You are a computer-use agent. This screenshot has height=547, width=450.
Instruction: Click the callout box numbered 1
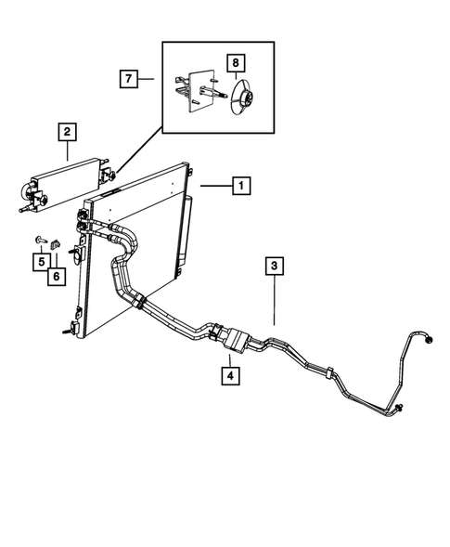pyautogui.click(x=239, y=187)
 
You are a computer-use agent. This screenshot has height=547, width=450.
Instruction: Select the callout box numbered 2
pyautogui.click(x=68, y=132)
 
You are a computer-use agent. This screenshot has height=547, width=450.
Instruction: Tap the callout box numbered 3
pyautogui.click(x=275, y=267)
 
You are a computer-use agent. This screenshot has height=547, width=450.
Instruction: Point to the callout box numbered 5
pyautogui.click(x=42, y=262)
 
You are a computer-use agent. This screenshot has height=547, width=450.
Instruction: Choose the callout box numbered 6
pyautogui.click(x=56, y=275)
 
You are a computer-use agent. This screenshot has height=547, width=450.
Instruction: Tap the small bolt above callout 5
pyautogui.click(x=42, y=241)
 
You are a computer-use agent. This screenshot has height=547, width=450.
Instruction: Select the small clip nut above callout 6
pyautogui.click(x=55, y=245)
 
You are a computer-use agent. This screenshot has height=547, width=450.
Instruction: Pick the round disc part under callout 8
pyautogui.click(x=242, y=99)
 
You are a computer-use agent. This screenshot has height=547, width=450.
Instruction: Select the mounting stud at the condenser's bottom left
pyautogui.click(x=68, y=329)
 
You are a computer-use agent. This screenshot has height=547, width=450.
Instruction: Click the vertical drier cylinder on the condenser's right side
pyautogui.click(x=187, y=232)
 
